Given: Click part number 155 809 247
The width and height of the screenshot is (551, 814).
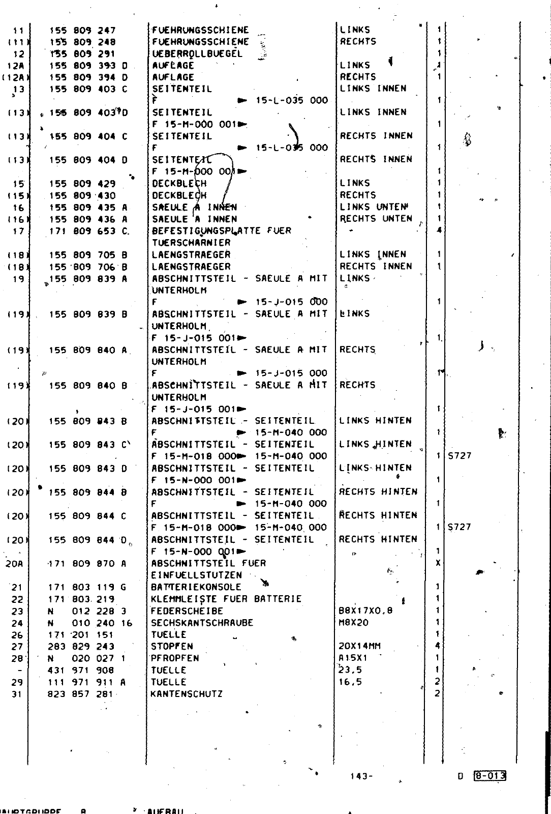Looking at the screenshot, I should [x=82, y=31].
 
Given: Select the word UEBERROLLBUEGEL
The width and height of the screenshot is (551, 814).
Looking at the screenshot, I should [x=197, y=54].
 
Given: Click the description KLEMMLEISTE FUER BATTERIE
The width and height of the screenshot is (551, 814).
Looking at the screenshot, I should [x=226, y=599].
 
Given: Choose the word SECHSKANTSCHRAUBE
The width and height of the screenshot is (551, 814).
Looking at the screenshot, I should [x=202, y=623].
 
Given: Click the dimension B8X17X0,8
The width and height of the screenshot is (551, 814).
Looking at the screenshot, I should [x=365, y=611].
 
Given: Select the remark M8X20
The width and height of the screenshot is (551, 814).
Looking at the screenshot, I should [x=353, y=623].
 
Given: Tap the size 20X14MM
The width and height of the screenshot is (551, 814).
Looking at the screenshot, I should [x=360, y=647].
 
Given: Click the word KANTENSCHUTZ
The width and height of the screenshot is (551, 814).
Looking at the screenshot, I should [x=187, y=694].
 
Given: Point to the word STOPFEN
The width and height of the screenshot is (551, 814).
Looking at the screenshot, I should [x=172, y=647].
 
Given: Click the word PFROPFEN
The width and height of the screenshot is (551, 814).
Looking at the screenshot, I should [x=175, y=658].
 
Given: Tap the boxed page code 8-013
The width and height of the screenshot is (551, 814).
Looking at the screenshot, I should [x=489, y=776].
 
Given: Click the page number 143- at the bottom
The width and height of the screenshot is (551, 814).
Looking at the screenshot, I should [x=361, y=776].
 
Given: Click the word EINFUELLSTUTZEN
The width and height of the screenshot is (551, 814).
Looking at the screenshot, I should [x=196, y=575].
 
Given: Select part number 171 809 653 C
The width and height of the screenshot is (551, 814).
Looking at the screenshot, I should [x=88, y=231].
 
